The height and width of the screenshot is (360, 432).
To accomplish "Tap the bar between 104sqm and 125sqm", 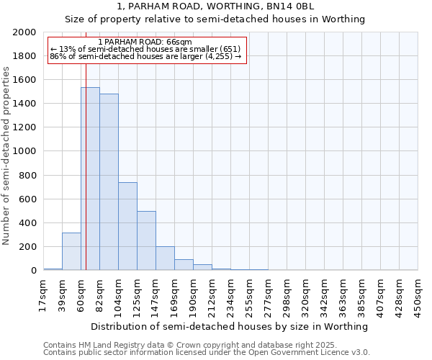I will coord(127,226).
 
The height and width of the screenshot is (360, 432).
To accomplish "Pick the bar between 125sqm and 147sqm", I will coord(146,240).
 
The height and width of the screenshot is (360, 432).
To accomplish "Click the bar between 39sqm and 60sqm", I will coord(71,251).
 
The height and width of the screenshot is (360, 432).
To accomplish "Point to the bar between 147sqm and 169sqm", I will coord(165,258).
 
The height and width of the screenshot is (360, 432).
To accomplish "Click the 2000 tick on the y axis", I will coord(24,32).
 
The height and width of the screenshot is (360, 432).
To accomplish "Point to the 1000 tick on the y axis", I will coord(24,152).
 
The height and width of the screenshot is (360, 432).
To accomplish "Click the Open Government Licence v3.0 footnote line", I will coord(207,353).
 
